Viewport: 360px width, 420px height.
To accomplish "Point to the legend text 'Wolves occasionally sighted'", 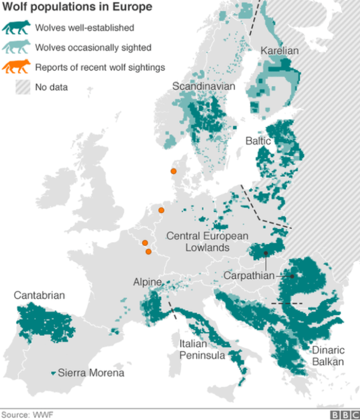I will [93, 48].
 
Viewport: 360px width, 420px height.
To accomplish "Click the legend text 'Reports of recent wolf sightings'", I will [100, 68].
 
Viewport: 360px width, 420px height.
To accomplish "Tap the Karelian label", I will [280, 51].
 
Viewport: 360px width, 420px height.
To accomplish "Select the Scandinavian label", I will [204, 86].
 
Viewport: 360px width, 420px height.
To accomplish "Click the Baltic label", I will [258, 141].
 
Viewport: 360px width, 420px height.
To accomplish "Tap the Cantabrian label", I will [39, 295].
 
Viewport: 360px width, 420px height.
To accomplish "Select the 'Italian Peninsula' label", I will [202, 350].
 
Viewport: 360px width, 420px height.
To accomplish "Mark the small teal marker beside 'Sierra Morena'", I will [53, 373].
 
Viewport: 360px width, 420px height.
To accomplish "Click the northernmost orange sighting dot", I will [174, 171].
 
